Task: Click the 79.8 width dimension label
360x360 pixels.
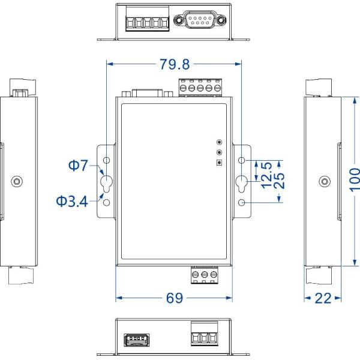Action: (x=175, y=64)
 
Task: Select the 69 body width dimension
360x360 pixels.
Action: (x=175, y=298)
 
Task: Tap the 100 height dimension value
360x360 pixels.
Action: (x=355, y=180)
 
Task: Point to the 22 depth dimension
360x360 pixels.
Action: (x=323, y=298)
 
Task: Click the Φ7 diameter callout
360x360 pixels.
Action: (x=78, y=165)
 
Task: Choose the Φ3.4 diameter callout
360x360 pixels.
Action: (x=72, y=202)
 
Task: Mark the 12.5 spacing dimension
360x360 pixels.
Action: (x=267, y=175)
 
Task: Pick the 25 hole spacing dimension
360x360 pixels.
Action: (x=280, y=181)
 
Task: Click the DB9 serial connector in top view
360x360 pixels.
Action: (x=200, y=20)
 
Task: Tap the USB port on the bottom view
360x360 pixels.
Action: (x=137, y=340)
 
